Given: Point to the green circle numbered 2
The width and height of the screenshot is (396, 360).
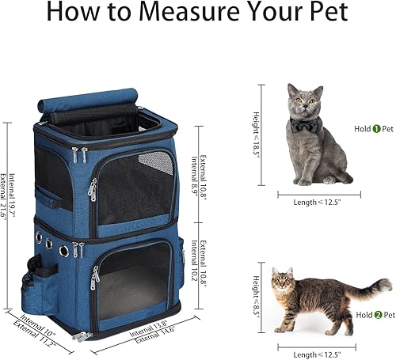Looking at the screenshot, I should [x=367, y=316].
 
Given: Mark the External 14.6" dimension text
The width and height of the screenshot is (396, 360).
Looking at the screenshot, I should [x=156, y=330].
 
